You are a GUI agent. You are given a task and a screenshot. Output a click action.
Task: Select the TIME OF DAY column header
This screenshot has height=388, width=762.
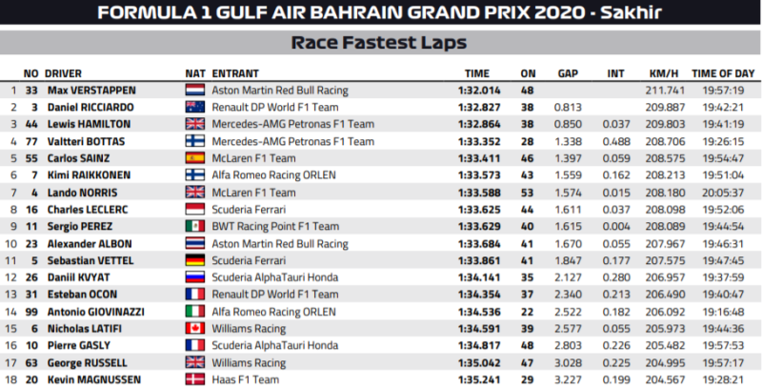click(723, 72)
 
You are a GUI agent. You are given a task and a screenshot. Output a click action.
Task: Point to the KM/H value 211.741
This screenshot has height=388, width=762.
click(662, 90)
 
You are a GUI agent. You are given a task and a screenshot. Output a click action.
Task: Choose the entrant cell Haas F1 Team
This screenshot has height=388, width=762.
click(244, 379)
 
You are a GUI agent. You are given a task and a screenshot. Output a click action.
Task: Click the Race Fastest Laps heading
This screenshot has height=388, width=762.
click(380, 43)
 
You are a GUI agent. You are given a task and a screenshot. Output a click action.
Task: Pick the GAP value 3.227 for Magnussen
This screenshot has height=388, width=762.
click(569, 379)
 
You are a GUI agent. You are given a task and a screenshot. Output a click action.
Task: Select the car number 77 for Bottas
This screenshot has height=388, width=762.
click(30, 141)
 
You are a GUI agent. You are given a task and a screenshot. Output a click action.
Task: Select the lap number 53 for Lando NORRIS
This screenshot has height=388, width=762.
click(528, 192)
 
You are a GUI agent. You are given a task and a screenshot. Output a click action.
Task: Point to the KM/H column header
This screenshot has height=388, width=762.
click(662, 72)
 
